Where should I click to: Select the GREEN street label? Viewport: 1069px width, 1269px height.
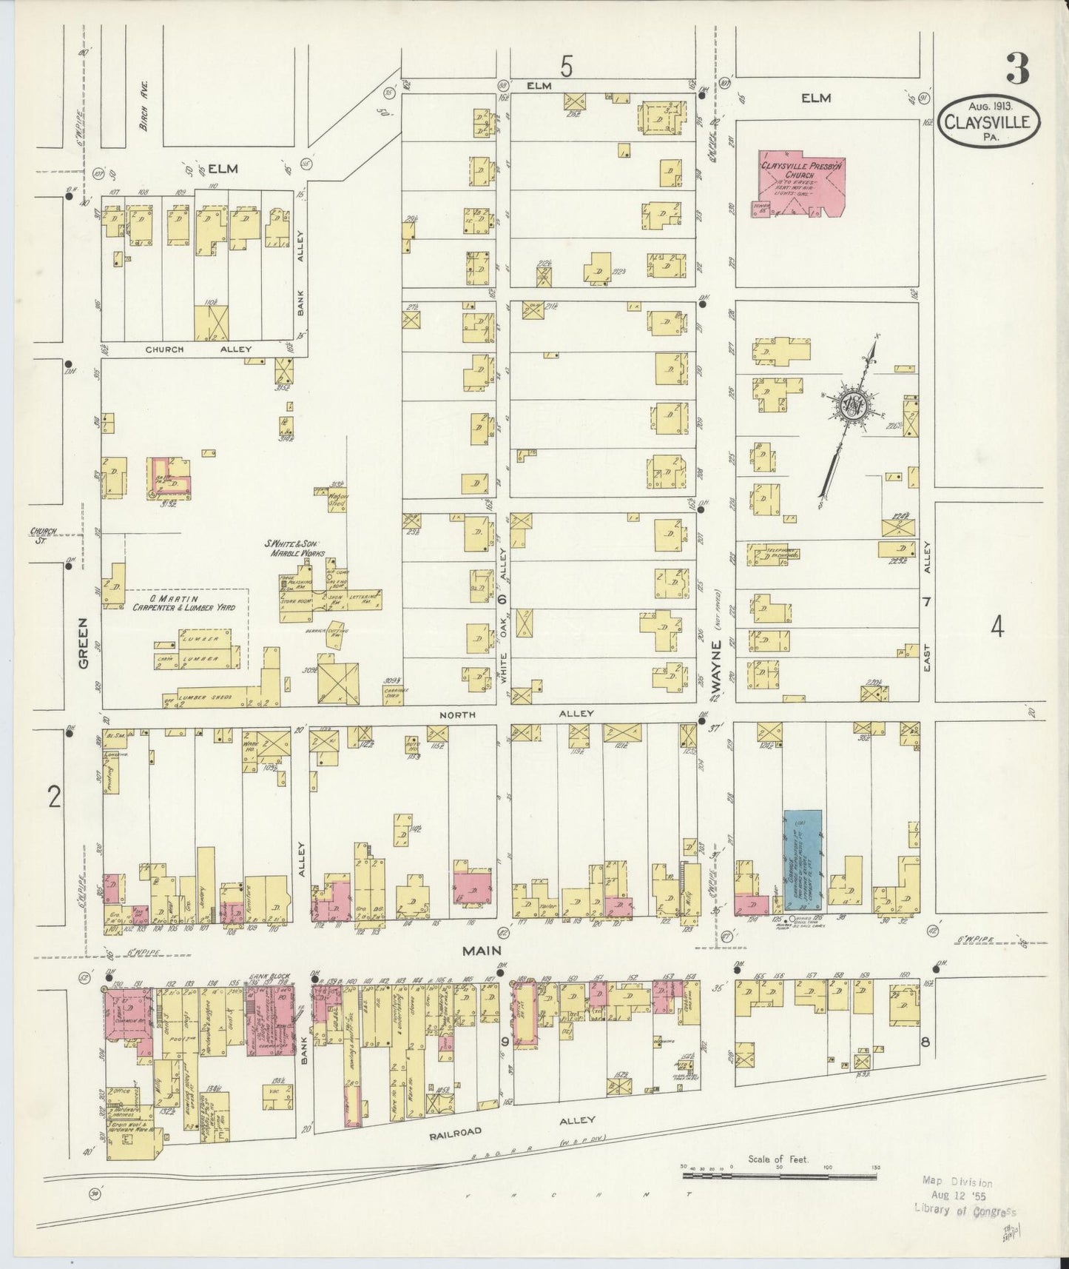84,643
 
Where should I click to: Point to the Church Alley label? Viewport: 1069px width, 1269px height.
198,349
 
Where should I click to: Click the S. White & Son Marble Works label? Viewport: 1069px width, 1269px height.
294,549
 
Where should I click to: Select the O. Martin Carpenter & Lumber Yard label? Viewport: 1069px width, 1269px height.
183,602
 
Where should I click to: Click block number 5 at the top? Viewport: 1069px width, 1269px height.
566,67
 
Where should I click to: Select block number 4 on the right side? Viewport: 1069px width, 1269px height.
997,628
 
